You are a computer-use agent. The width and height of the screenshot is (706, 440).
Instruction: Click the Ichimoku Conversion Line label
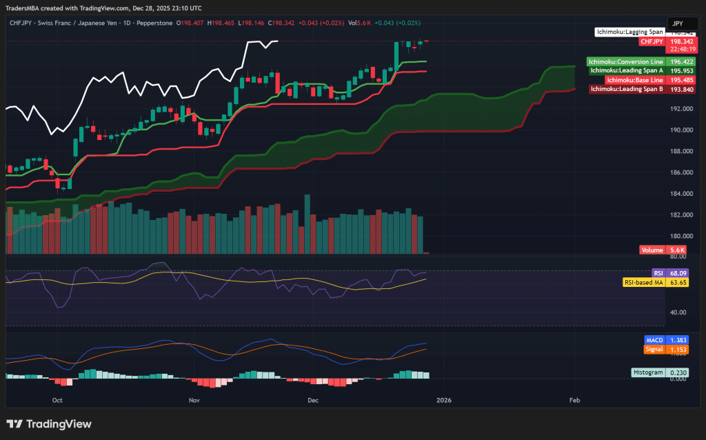[x=625, y=61]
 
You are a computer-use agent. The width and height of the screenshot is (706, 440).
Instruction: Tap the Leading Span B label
[x=627, y=89]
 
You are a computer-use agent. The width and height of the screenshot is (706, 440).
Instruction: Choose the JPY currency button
[x=678, y=23]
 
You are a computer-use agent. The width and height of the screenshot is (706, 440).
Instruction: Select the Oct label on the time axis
[x=57, y=400]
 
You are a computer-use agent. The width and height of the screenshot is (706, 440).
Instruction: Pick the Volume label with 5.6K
[x=652, y=250]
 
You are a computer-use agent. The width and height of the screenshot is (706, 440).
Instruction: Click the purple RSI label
[x=658, y=273]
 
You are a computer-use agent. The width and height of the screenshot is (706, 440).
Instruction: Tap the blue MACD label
[x=654, y=341]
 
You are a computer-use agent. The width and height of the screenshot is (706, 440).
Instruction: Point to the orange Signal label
[x=654, y=350]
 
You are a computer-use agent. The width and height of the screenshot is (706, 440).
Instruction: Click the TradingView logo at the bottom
[x=49, y=424]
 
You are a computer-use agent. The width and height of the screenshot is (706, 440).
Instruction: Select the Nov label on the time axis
[x=194, y=400]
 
